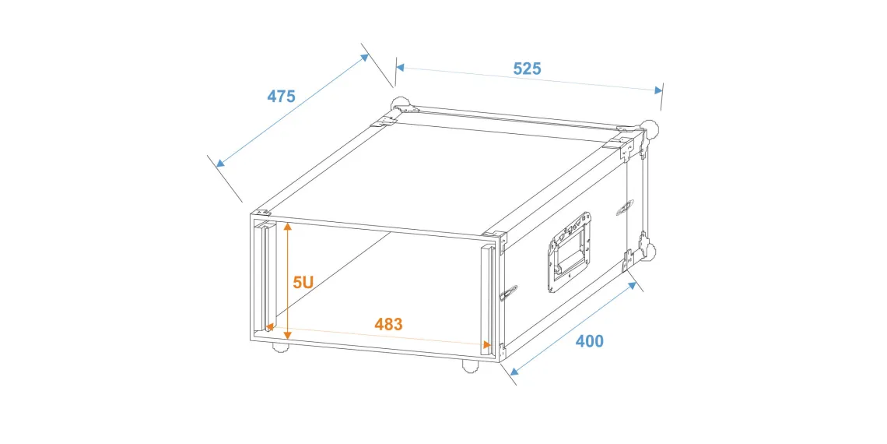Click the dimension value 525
pos(527,69)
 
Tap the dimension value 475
pos(281,97)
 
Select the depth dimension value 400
pos(590,341)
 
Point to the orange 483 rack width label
pos(388,325)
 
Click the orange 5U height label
pos(303,283)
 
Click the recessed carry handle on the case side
pos(570,253)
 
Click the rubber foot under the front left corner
pos(281,347)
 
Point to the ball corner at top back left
pos(401,105)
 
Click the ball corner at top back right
pos(651,129)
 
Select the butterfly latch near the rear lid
pos(625,207)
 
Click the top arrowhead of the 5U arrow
pos(287,227)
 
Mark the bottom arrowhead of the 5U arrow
pos(287,335)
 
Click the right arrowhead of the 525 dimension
pos(658,90)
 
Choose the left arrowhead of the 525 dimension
pos(399,68)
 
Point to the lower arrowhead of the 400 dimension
pos(514,371)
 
